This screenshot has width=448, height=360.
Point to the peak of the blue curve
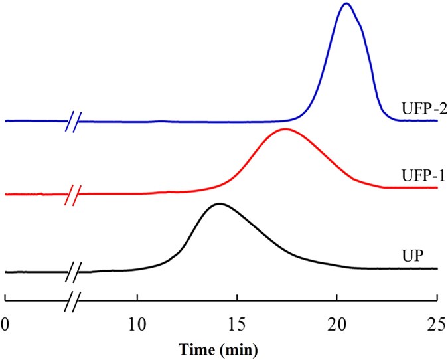point(345,4)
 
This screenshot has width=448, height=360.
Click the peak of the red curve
point(285,129)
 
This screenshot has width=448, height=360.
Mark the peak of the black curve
point(218,204)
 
